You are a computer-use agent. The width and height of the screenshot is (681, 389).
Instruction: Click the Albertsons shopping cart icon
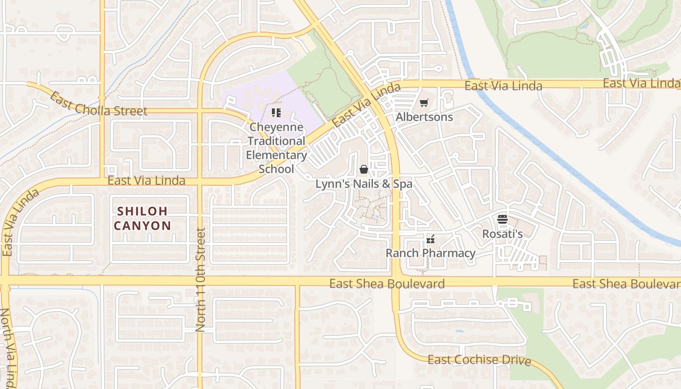(x=424, y=103)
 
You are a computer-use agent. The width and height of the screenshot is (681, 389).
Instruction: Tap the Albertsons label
(x=424, y=117)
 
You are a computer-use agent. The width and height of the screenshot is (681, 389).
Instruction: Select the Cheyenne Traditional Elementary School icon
(x=276, y=113)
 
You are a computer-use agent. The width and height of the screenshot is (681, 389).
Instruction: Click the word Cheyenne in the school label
(x=276, y=127)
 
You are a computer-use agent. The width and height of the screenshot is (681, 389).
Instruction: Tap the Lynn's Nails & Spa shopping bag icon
(x=363, y=169)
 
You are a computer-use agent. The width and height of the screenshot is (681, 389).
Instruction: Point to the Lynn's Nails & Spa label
(x=364, y=184)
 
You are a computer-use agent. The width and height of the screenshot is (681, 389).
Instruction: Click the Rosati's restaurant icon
(x=502, y=219)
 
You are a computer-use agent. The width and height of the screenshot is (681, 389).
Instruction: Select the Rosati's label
(x=502, y=234)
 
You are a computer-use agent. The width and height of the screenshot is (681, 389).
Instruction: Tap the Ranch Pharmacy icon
(x=430, y=239)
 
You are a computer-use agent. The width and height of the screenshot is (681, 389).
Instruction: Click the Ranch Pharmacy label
(x=430, y=253)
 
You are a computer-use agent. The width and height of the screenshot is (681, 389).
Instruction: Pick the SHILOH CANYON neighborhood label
(x=143, y=218)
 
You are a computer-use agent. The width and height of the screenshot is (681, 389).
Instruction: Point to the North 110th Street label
(x=200, y=280)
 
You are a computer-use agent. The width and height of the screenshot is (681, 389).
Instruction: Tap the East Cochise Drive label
(x=479, y=360)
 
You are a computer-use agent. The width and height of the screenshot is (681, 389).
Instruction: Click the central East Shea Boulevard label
(x=387, y=284)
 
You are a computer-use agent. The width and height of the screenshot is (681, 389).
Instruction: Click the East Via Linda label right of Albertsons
(x=503, y=86)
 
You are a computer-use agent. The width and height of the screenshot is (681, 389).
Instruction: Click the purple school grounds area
(x=253, y=97)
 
